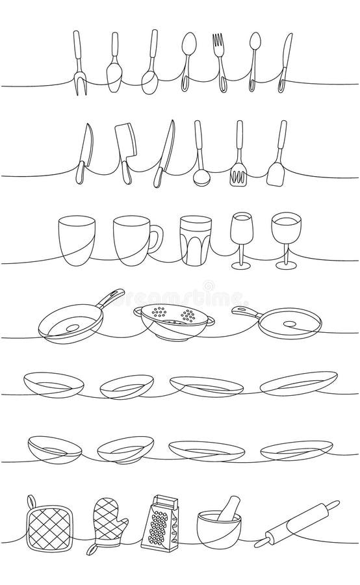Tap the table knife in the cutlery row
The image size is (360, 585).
tap(286, 62)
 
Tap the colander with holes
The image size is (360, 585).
tap(169, 322)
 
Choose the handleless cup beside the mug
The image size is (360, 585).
tap(76, 240)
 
